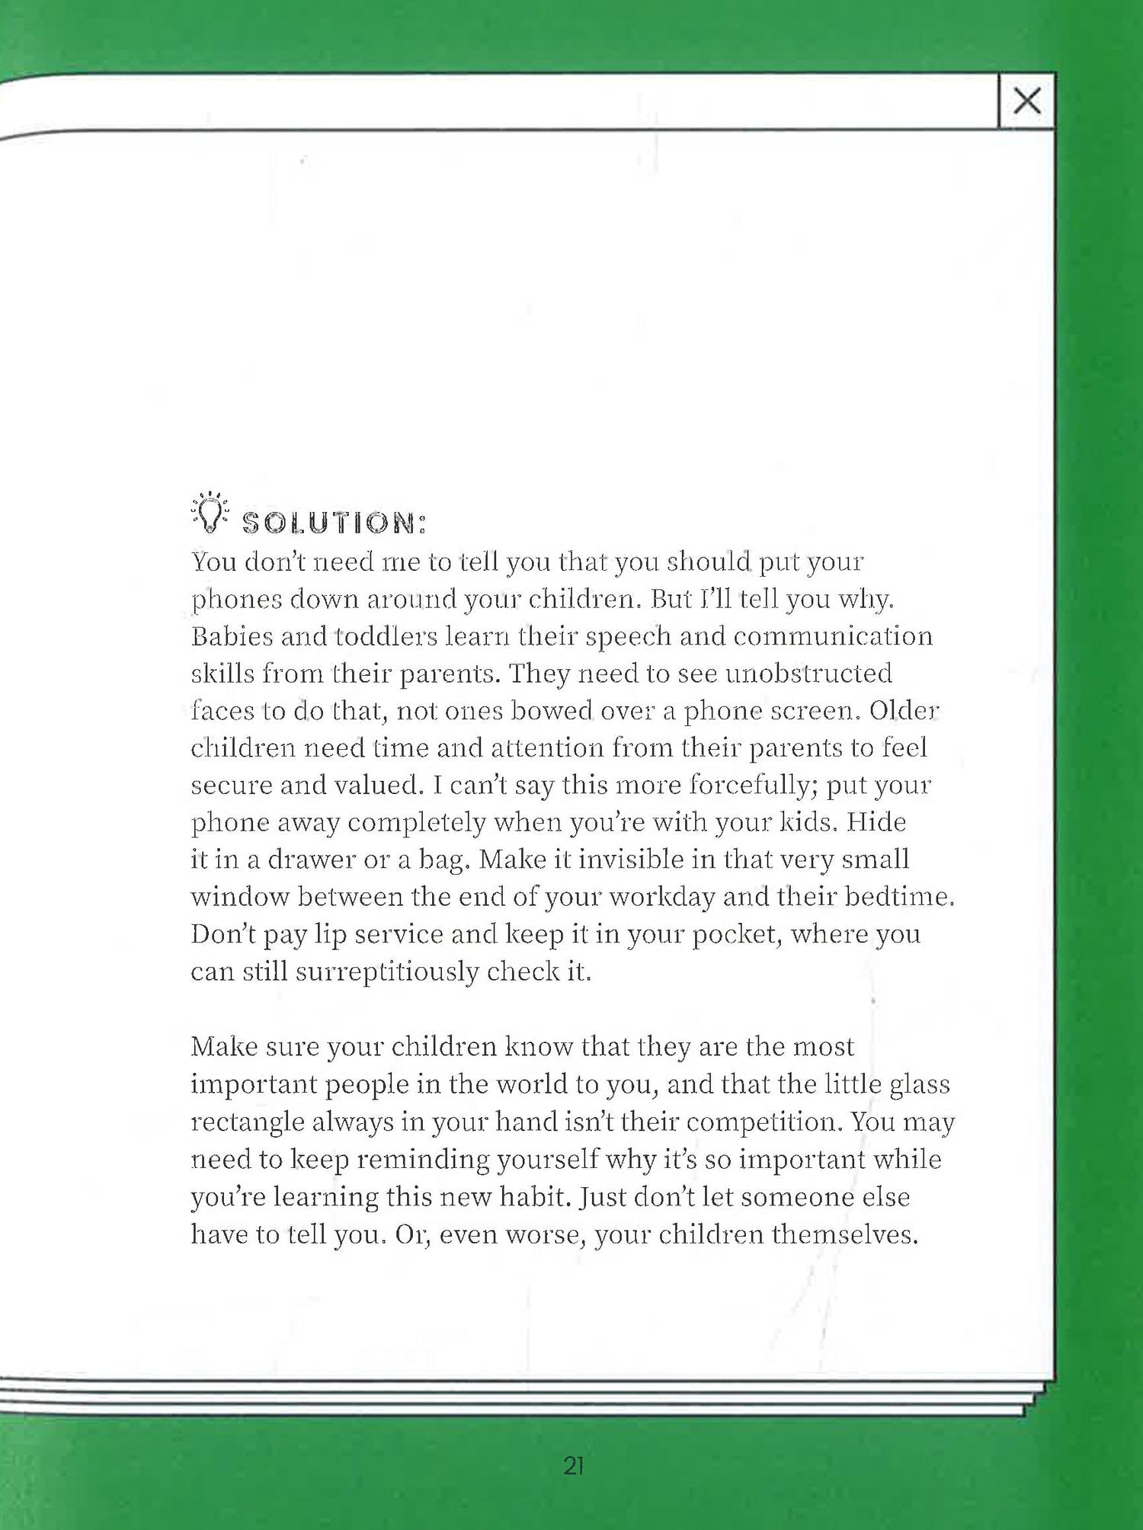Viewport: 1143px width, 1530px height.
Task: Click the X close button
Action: tap(1026, 101)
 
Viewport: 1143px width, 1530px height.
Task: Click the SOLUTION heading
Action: tap(334, 523)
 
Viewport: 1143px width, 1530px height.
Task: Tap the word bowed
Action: tap(552, 711)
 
